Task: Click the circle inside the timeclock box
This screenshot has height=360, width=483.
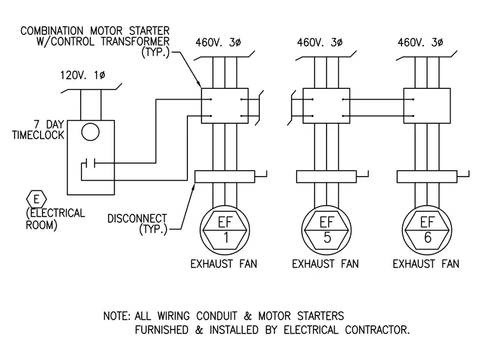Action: [x=90, y=123]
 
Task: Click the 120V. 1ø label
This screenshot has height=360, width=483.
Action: [x=83, y=76]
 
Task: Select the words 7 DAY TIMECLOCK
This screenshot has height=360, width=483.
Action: [x=38, y=130]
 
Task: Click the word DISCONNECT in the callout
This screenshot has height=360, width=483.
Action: [x=137, y=218]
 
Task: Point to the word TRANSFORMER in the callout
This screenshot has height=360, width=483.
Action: [x=135, y=41]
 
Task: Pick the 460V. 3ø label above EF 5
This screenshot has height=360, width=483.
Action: [x=320, y=43]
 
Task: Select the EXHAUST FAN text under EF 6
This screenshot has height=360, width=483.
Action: [x=426, y=264]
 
